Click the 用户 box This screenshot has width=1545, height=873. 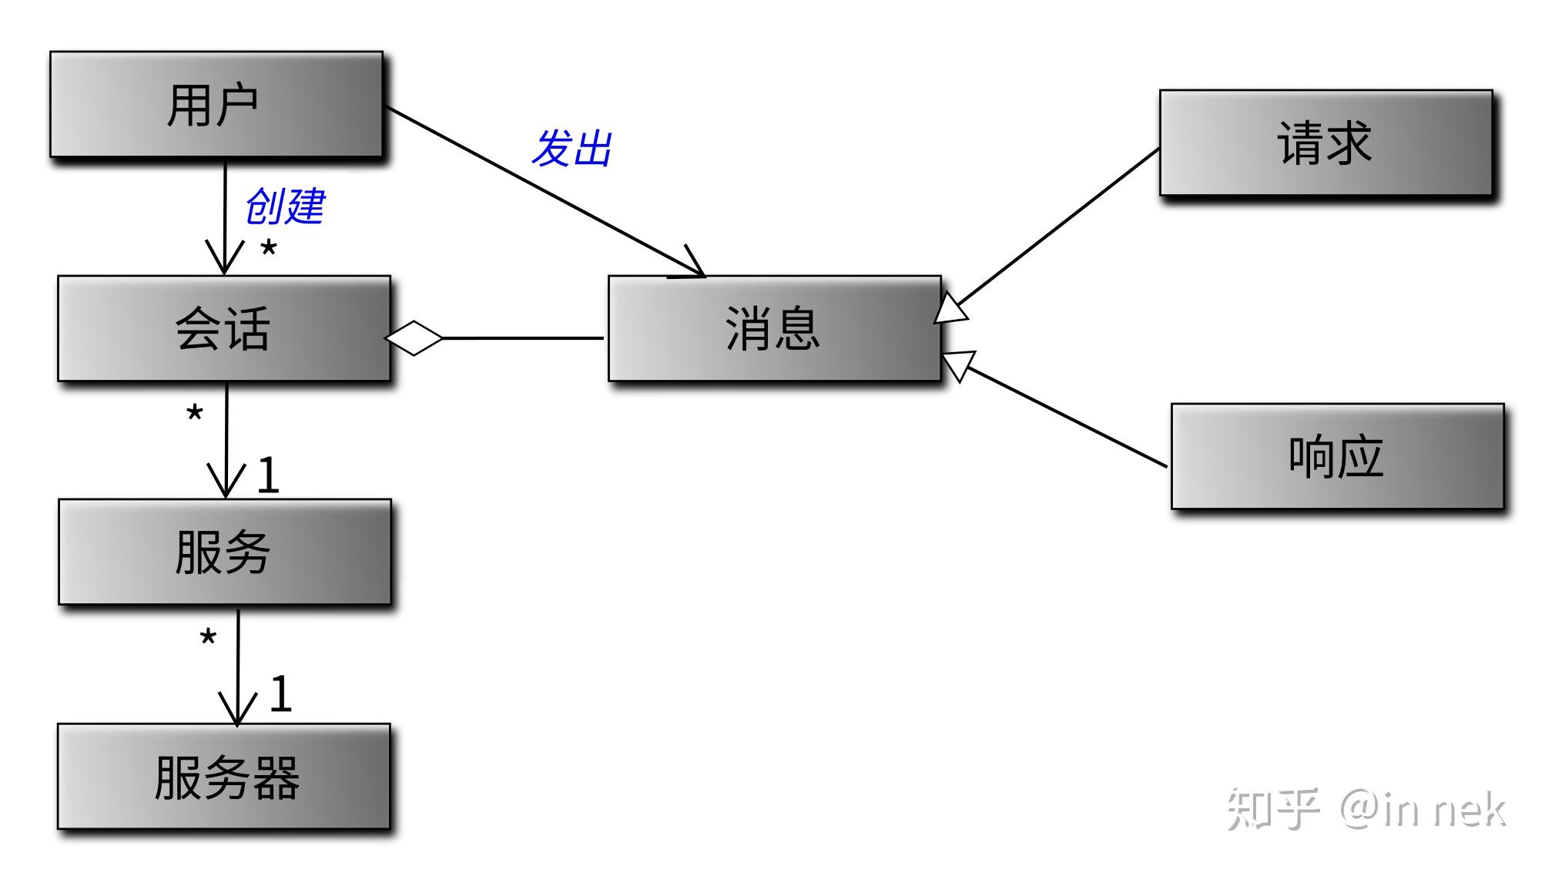216,105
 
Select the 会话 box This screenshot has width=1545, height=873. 223,328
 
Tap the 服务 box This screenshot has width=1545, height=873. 224,552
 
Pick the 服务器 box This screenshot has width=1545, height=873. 223,776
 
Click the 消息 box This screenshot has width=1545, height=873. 774,328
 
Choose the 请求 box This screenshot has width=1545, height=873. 1325,143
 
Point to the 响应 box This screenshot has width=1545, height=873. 1337,456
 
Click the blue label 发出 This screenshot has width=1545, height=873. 571,148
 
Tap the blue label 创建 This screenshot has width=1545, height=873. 285,206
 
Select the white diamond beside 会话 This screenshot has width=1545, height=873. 414,337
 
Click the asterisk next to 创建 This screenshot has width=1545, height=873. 268,249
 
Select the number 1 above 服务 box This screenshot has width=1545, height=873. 267,475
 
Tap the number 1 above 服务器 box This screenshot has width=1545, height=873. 280,693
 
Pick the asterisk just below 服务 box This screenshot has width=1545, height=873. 208,638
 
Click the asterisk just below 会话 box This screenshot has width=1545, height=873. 195,414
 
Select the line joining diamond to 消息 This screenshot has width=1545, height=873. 524,337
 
